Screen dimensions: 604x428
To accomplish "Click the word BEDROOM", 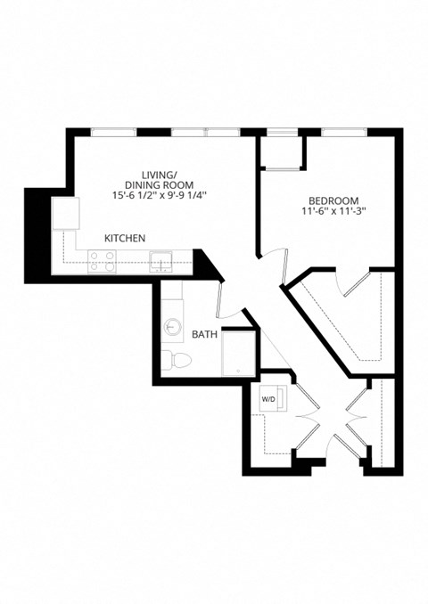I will click(x=334, y=200).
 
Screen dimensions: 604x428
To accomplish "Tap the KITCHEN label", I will click(x=125, y=238).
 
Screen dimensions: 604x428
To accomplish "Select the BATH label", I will click(x=204, y=335).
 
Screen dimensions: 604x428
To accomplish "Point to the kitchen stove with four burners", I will click(x=103, y=260).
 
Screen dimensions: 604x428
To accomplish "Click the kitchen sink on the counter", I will click(x=161, y=260).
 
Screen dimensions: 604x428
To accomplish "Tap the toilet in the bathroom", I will click(x=177, y=360).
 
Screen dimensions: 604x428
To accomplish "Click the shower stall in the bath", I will click(x=237, y=350).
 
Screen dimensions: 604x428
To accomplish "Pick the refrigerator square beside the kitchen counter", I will click(x=66, y=214).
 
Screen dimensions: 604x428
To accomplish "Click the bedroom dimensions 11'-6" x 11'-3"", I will click(x=334, y=212).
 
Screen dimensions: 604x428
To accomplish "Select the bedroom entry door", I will click(x=279, y=265).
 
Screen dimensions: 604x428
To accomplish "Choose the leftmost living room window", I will click(x=115, y=133).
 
